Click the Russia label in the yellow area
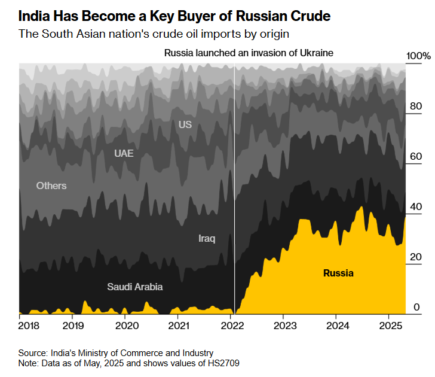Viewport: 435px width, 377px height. (338, 273)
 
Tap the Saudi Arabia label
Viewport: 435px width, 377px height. (134, 287)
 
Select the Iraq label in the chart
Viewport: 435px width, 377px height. (207, 239)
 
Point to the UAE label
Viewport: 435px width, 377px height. (124, 153)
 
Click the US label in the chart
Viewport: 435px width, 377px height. (185, 124)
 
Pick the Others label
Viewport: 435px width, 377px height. (51, 186)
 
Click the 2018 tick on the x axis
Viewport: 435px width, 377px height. (29, 326)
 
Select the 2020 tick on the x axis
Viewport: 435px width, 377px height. (127, 326)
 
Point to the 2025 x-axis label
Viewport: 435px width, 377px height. (390, 326)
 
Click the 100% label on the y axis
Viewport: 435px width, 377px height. (418, 56)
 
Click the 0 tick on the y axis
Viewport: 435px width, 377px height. (418, 308)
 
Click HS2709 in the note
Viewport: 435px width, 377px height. (220, 363)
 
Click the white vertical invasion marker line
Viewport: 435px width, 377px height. (234, 180)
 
